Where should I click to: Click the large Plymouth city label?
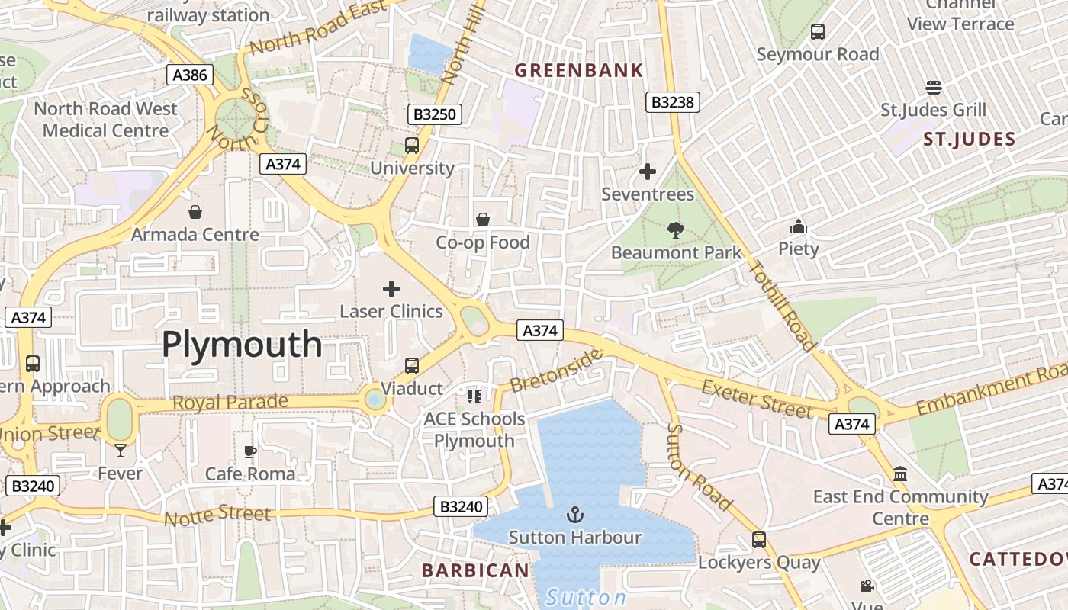[x=242, y=345]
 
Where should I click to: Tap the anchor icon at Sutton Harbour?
[x=574, y=515]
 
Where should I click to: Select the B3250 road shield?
[x=435, y=114]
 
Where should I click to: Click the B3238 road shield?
[x=673, y=101]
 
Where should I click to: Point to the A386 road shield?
[x=189, y=75]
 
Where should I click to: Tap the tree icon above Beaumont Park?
[x=675, y=230]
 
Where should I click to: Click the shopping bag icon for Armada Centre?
[x=195, y=211]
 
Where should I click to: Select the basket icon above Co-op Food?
[x=482, y=220]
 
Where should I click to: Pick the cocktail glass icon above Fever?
[x=120, y=451]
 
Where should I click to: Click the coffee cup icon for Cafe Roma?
[x=249, y=451]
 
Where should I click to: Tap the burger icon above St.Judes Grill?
[x=933, y=87]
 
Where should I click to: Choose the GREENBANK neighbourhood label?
[x=579, y=71]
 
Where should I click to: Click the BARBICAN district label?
[x=475, y=570]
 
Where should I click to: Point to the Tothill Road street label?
[x=782, y=305]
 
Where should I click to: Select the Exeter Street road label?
[x=758, y=399]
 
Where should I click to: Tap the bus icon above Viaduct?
[x=412, y=365]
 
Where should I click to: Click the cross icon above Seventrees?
[x=648, y=172]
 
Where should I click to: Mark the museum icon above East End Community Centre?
[x=900, y=474]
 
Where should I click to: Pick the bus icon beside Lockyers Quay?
[x=758, y=540]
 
